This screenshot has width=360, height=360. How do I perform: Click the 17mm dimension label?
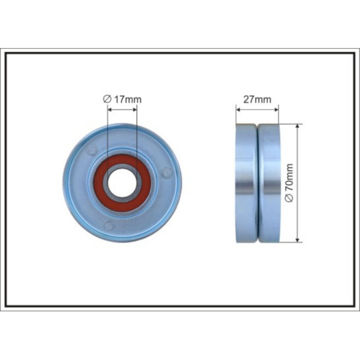[x=128, y=99]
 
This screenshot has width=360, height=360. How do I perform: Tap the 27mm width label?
[x=257, y=99]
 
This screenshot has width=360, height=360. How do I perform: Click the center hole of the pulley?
[x=122, y=183]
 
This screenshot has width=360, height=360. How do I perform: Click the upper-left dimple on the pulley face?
[x=92, y=150]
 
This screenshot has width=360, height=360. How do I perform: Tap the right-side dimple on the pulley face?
[x=166, y=172]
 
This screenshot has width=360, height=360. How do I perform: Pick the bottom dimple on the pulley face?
[x=108, y=225]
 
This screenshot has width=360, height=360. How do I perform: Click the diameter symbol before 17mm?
[x=107, y=99]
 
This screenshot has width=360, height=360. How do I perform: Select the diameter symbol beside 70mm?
[x=289, y=198]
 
